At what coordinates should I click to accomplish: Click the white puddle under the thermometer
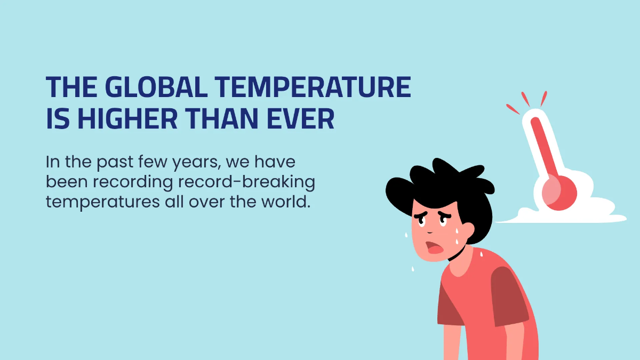(x=576, y=213)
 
